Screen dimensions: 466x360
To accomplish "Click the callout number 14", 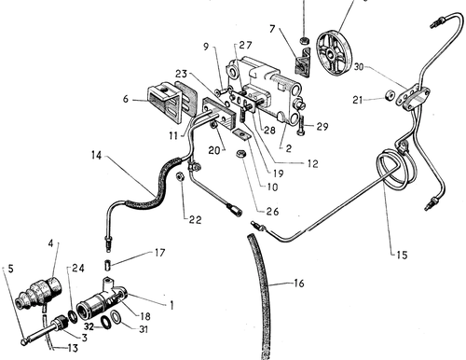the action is (97, 155).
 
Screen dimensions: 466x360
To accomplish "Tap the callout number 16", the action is (299, 284).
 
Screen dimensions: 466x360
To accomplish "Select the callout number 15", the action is (402, 255).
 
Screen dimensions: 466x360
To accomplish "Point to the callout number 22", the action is (196, 220).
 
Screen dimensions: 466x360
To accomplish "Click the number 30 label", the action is (359, 67).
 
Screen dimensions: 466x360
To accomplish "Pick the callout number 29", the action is (322, 126).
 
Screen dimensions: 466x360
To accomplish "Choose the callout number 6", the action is (126, 99).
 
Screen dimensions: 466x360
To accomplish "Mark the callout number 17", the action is (159, 253).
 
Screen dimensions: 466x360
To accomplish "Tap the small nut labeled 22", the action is (180, 176).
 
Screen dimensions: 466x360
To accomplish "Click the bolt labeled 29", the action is (300, 128).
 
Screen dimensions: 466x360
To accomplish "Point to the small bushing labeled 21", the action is (389, 95).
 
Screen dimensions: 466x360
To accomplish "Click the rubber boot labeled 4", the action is (40, 292).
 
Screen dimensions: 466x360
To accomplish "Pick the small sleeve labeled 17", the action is (107, 266).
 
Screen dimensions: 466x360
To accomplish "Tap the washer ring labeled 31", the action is (116, 316).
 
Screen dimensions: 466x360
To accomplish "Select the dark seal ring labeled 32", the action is (104, 322).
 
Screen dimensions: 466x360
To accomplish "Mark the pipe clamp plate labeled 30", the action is (413, 96).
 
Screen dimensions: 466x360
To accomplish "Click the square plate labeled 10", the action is (241, 134).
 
